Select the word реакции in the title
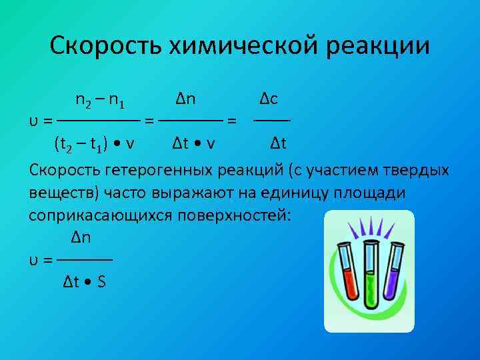pos(384,46)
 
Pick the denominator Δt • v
pos(193,143)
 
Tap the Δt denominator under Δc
pos(279,143)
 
